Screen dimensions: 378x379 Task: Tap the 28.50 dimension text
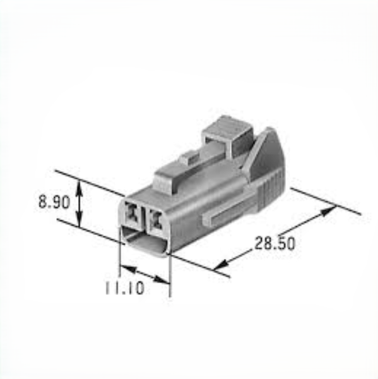[x=275, y=243]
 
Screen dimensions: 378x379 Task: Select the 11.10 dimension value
[x=125, y=287]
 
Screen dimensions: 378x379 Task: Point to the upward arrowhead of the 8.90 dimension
[x=80, y=189]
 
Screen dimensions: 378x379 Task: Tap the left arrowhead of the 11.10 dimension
[x=128, y=269]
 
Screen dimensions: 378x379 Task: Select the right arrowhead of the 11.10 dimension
[x=162, y=280]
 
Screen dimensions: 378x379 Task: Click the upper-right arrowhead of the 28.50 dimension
[x=328, y=212]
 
